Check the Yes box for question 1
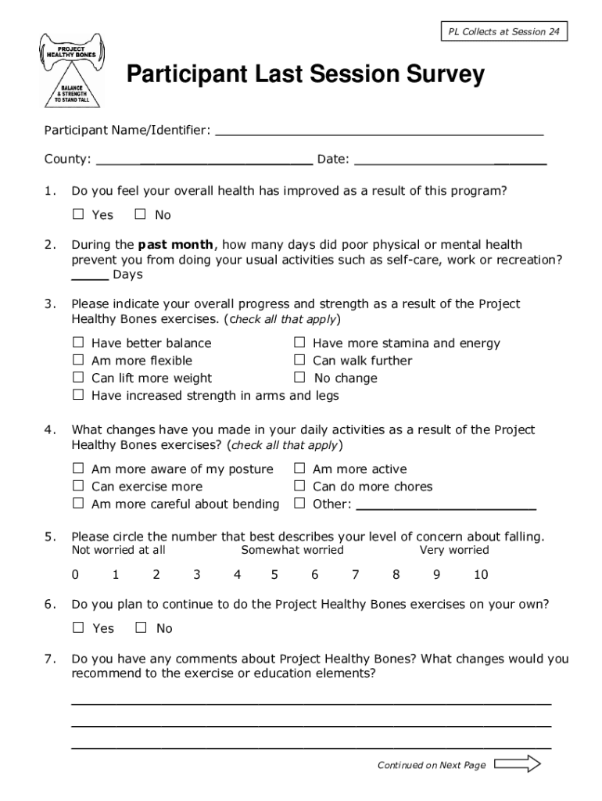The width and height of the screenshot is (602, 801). click(x=78, y=214)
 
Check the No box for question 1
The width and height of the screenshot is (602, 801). click(x=141, y=214)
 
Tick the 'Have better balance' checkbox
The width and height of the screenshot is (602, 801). click(x=78, y=343)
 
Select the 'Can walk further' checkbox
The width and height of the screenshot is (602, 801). click(x=299, y=361)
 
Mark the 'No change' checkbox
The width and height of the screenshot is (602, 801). click(x=299, y=378)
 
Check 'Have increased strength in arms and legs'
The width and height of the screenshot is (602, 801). click(x=78, y=395)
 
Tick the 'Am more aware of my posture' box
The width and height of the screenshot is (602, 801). click(x=78, y=469)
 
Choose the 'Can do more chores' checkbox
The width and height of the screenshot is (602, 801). click(x=299, y=487)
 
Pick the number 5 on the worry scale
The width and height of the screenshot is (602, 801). click(x=274, y=575)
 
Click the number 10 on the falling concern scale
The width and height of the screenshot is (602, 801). click(x=481, y=575)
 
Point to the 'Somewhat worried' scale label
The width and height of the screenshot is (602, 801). click(x=292, y=550)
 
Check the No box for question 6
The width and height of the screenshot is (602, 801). click(x=142, y=627)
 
